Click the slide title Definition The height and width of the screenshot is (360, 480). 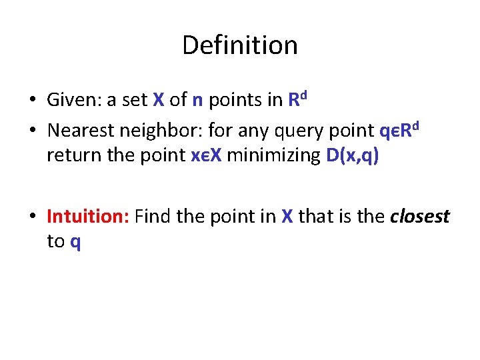[x=239, y=45]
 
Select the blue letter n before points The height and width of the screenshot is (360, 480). [x=197, y=101]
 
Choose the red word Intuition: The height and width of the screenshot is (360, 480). [x=88, y=217]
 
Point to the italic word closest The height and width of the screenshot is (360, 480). [x=420, y=217]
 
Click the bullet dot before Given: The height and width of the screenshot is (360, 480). [x=32, y=101]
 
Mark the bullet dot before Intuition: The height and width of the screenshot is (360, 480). [x=32, y=217]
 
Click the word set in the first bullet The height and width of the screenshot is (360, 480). [x=135, y=101]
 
